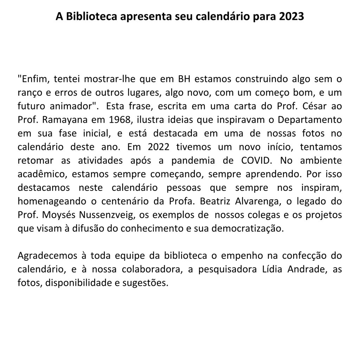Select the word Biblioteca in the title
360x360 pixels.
click(x=91, y=17)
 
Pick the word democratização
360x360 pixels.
click(x=251, y=228)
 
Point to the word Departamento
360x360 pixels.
click(x=310, y=120)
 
